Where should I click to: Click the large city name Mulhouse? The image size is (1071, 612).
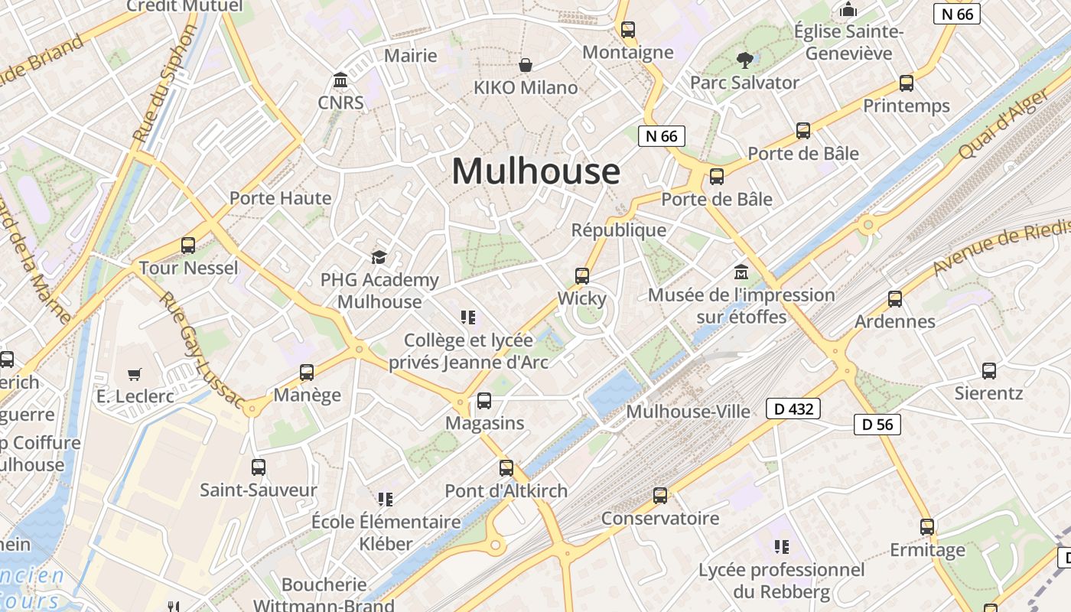[535, 171]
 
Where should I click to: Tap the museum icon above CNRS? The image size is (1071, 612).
[340, 80]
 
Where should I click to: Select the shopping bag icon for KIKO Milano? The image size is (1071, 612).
[526, 65]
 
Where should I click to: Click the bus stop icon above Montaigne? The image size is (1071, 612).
[628, 30]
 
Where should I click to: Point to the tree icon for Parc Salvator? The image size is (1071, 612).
[744, 60]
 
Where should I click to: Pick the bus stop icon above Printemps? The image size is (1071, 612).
[907, 83]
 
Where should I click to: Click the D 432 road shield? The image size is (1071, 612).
[793, 409]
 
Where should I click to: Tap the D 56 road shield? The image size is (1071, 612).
[877, 424]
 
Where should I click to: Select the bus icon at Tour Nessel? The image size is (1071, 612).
[188, 246]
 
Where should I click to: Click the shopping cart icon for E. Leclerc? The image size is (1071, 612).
[135, 374]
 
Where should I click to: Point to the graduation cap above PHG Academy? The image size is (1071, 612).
[379, 257]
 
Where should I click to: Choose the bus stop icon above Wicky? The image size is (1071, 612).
[582, 276]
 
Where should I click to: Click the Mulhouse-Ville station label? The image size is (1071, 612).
[688, 412]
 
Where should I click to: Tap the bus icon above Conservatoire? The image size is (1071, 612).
[660, 496]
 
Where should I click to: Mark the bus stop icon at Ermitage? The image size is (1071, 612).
[927, 527]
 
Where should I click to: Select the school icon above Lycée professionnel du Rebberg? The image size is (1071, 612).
[781, 546]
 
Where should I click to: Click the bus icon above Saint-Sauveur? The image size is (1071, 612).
[259, 467]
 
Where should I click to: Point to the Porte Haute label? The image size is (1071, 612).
[281, 198]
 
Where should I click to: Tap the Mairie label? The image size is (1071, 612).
[411, 55]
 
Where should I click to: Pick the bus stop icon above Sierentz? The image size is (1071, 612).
[989, 371]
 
